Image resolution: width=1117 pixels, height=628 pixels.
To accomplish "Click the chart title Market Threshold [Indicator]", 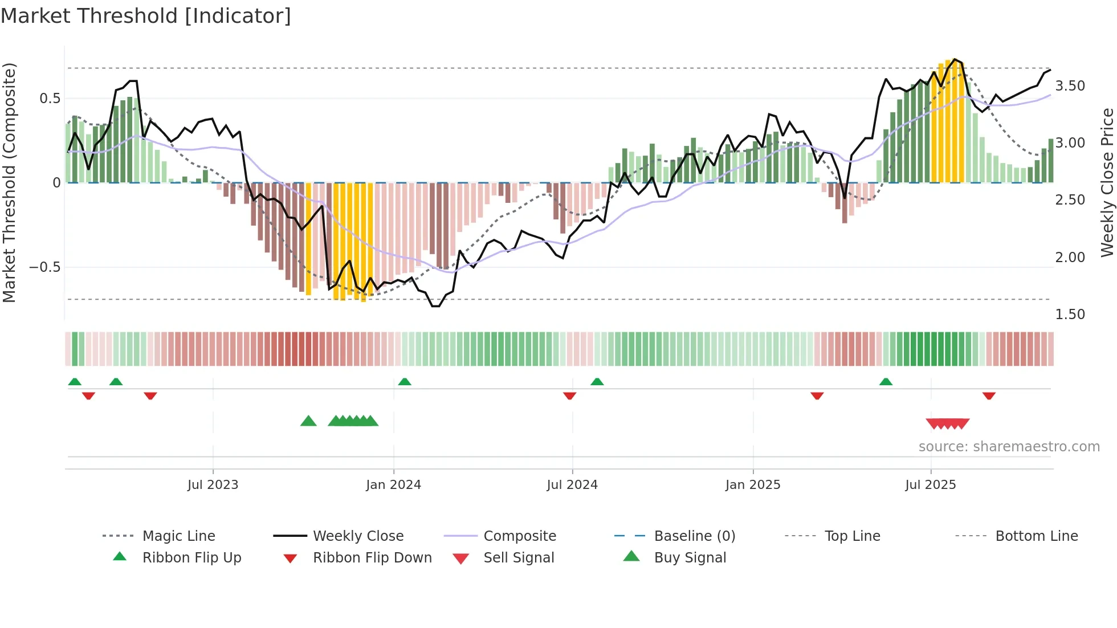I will pyautogui.click(x=146, y=16).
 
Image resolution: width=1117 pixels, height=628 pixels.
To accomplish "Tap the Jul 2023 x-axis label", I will pyautogui.click(x=213, y=485).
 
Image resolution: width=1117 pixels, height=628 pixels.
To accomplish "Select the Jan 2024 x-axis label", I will pyautogui.click(x=393, y=485).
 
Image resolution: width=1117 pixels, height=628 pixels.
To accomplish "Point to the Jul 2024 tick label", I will pyautogui.click(x=572, y=485).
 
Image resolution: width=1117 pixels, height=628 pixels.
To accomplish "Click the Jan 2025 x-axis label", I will pyautogui.click(x=753, y=485).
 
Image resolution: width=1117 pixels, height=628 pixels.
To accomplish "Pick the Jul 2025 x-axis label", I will pyautogui.click(x=931, y=485).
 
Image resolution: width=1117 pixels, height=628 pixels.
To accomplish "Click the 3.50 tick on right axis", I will pyautogui.click(x=1070, y=86).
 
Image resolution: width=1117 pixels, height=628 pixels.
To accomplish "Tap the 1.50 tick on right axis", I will pyautogui.click(x=1070, y=315).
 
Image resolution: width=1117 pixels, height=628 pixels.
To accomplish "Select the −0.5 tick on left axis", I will pyautogui.click(x=45, y=267).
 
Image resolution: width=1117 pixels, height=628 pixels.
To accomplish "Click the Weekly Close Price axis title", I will pyautogui.click(x=1107, y=182).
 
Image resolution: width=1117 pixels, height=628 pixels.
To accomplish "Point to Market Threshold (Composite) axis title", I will pyautogui.click(x=9, y=182).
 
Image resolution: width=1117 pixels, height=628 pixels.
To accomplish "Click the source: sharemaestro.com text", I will pyautogui.click(x=1009, y=447).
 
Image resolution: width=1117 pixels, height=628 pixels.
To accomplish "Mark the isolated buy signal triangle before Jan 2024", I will pyautogui.click(x=308, y=421).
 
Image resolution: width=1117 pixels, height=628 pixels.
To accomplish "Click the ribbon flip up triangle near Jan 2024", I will pyautogui.click(x=405, y=381).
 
